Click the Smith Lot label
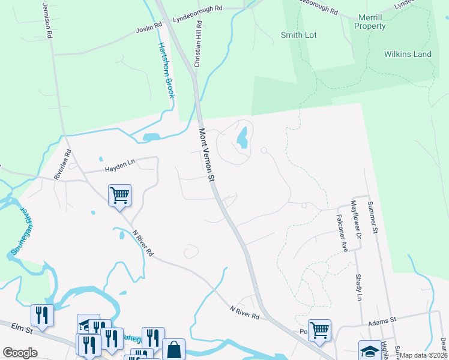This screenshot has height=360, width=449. click(298, 35)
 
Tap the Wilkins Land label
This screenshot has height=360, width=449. click(408, 55)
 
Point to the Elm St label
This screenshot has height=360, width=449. click(21, 326)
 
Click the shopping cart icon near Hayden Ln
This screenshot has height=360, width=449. click(119, 194)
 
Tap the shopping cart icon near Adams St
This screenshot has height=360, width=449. click(319, 329)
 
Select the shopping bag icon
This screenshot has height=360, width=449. click(173, 349)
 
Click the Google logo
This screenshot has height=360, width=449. click(20, 353)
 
